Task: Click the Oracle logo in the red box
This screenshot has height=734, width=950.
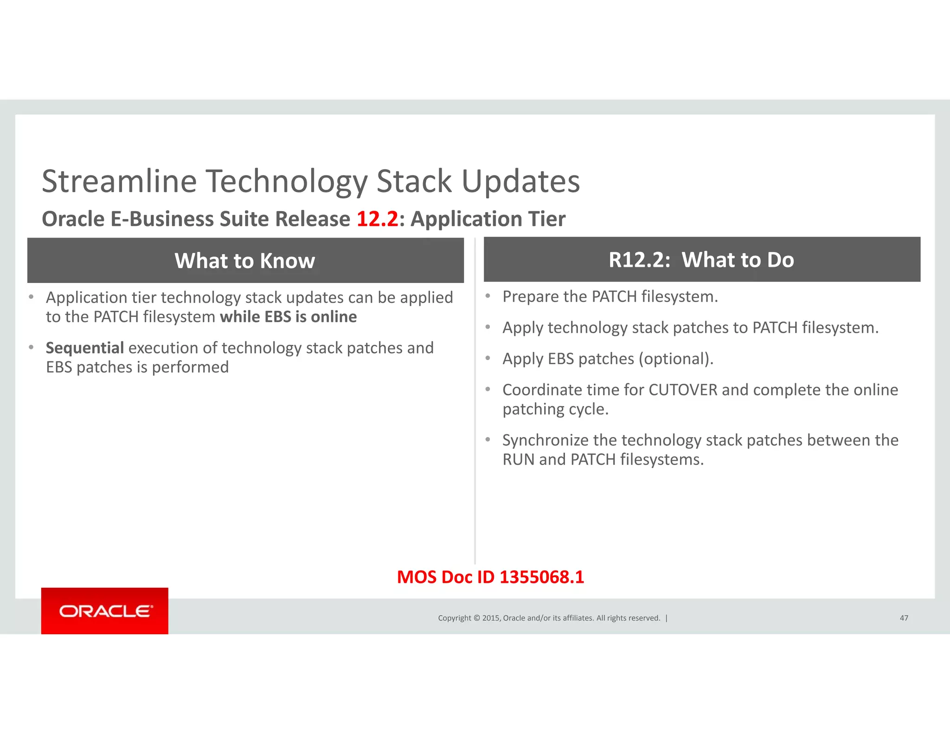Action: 105,611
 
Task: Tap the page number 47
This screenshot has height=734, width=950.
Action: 904,618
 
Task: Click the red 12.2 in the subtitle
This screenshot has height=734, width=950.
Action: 377,219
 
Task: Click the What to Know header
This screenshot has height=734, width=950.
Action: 245,261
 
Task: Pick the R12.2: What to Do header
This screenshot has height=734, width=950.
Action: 701,260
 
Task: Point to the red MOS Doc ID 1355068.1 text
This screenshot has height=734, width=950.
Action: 490,577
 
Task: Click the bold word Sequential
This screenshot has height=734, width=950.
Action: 84,348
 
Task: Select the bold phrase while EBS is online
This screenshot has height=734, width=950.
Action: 288,317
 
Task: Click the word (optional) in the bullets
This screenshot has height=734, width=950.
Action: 675,359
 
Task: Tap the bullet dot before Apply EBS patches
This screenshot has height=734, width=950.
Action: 488,358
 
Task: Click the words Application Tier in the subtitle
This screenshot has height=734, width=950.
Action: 488,219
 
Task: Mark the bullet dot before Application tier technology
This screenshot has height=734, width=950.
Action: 31,297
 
